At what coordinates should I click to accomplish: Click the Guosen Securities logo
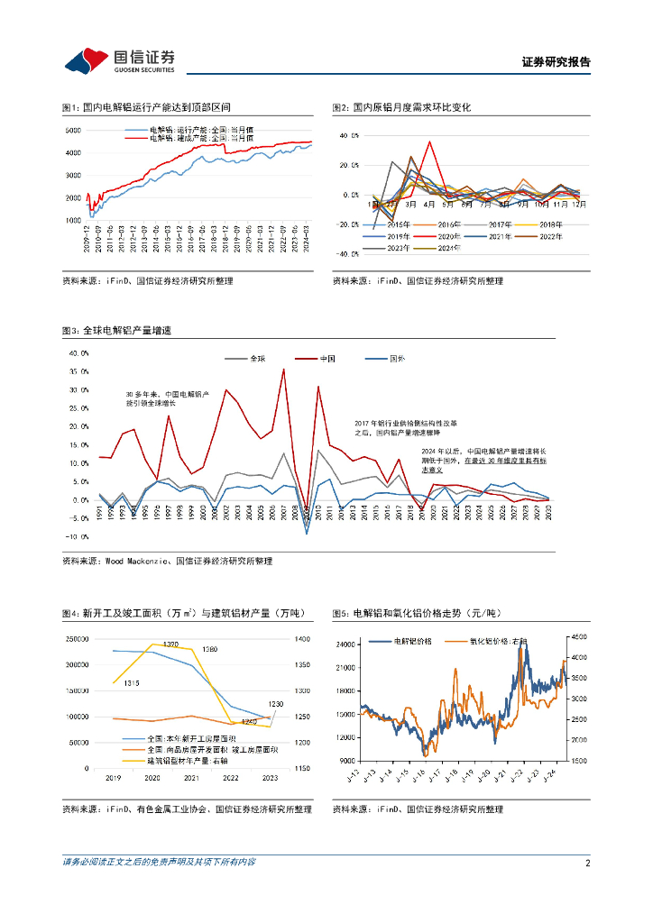118,60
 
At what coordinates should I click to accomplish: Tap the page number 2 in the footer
587,863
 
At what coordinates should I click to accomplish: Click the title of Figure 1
135,107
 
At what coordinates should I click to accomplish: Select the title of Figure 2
401,107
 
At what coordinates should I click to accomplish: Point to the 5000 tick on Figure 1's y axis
73,131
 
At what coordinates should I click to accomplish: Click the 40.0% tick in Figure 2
349,135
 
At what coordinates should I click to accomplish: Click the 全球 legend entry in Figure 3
257,359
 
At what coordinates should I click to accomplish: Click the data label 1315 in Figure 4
132,683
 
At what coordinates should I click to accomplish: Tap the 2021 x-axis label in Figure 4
191,776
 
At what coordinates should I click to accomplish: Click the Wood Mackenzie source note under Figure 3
167,561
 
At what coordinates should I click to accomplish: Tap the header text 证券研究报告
556,62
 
